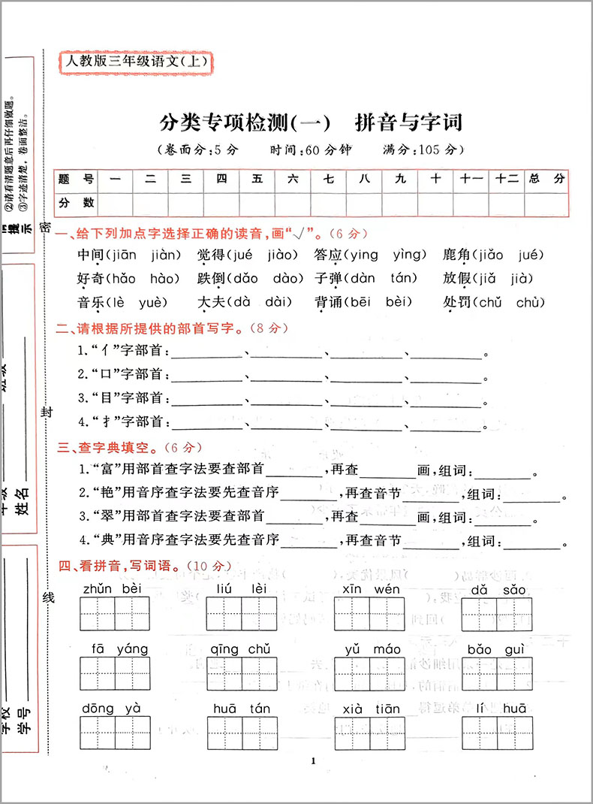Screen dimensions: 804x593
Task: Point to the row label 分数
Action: [x=77, y=203]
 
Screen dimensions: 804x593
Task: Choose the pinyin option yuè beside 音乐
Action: [x=155, y=303]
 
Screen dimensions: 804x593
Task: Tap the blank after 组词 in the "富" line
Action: [x=502, y=472]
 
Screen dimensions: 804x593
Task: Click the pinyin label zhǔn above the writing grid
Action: [x=97, y=588]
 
